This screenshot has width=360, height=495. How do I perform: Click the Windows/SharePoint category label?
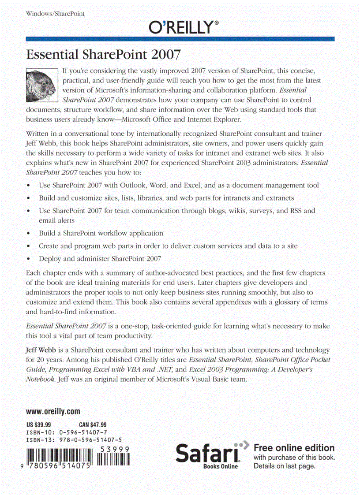55,14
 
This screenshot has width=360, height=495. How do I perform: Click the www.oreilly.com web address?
53,412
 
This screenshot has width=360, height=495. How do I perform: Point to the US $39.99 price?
38,425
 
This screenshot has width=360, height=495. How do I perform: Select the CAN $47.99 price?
93,425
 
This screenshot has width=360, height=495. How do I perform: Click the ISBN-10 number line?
66,432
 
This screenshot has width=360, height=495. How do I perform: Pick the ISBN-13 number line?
74,440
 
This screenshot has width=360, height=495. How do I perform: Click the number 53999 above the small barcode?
114,449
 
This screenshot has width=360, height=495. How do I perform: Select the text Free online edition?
294,448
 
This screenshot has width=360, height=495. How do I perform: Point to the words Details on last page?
285,466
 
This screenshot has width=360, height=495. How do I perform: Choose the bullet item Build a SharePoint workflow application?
101,233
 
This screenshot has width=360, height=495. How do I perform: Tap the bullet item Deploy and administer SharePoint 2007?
100,259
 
